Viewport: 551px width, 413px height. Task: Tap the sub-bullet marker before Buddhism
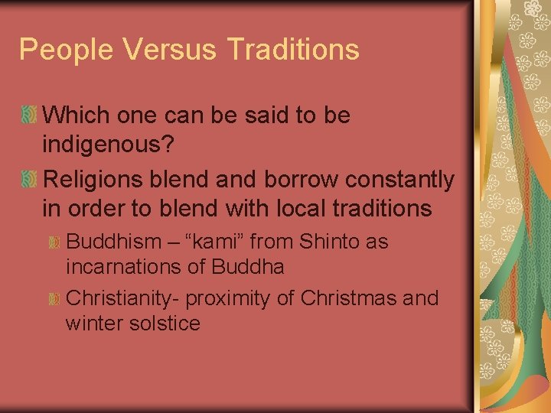(54, 243)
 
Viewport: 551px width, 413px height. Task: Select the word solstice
(163, 323)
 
